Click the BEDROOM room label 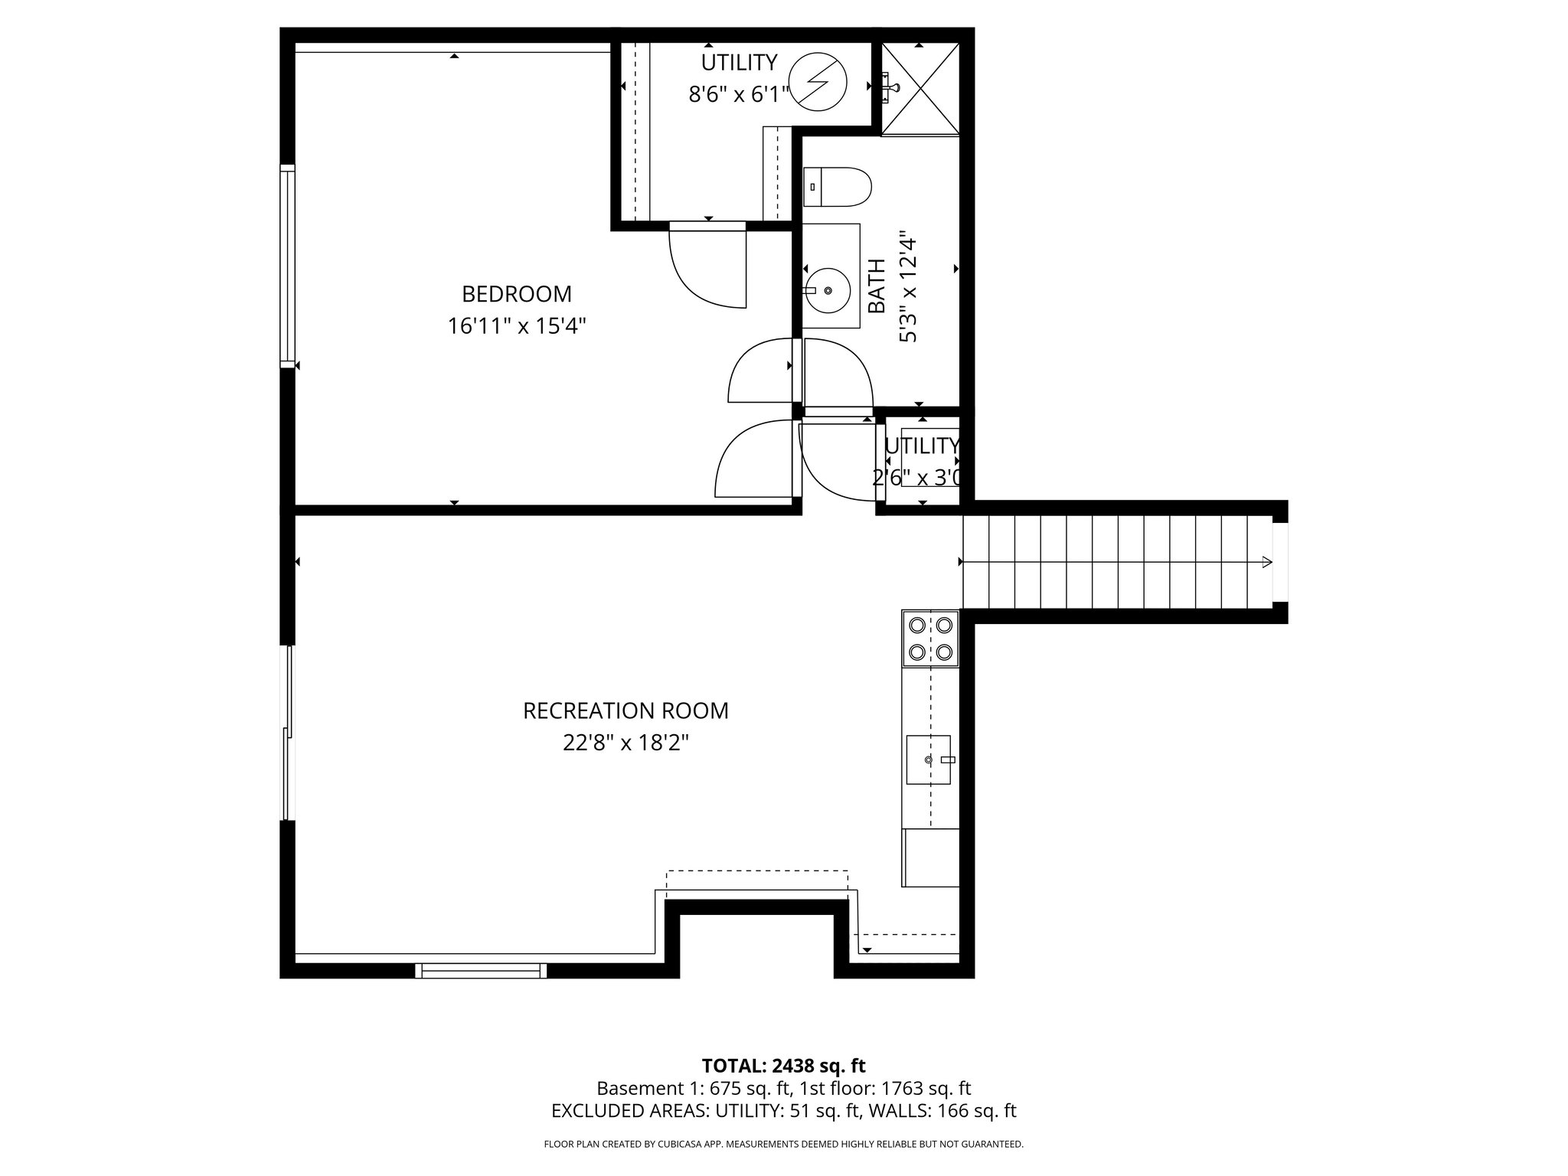click(x=517, y=294)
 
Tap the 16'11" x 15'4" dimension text click(x=517, y=327)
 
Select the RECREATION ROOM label click(x=626, y=710)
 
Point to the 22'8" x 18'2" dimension click(x=626, y=743)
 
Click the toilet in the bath click(x=838, y=187)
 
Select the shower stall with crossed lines click(x=920, y=90)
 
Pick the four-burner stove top click(x=930, y=639)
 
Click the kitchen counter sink click(x=928, y=759)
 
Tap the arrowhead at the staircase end click(x=1266, y=562)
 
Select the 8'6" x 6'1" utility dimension click(x=739, y=95)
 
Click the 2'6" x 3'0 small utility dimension click(x=917, y=478)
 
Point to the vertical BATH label click(x=877, y=286)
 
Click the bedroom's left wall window click(x=287, y=266)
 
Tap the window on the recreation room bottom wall click(x=482, y=970)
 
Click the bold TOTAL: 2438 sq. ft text click(x=783, y=1066)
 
